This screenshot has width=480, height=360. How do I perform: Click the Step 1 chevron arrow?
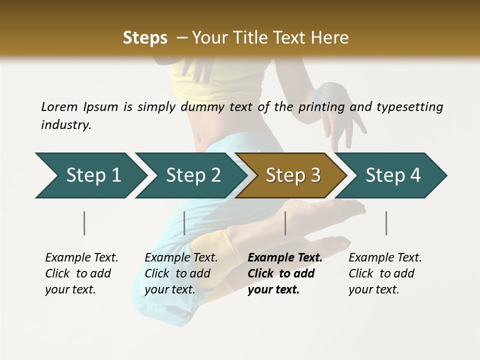point(90,175)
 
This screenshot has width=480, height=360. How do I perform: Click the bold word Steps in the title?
point(145,38)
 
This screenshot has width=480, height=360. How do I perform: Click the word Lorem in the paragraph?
point(59,106)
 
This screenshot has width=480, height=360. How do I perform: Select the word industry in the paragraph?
point(65,124)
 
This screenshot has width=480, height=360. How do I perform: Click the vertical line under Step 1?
point(84,223)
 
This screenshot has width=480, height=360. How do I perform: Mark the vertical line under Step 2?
point(184,223)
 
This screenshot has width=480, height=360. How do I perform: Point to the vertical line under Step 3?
point(285,223)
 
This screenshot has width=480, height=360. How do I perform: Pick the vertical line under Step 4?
point(386,223)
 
